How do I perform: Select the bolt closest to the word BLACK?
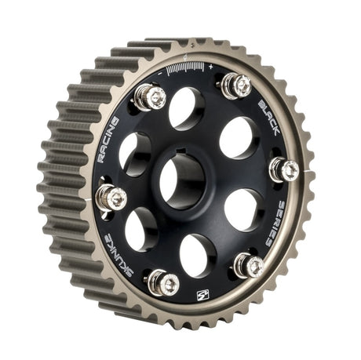pos(236,84)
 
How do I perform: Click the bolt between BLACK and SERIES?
pos(285,169)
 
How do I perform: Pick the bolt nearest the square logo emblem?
pos(163,282)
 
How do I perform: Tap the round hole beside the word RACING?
pos(134,151)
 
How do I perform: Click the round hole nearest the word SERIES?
pos(242,209)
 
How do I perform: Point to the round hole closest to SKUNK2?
pos(141,229)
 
